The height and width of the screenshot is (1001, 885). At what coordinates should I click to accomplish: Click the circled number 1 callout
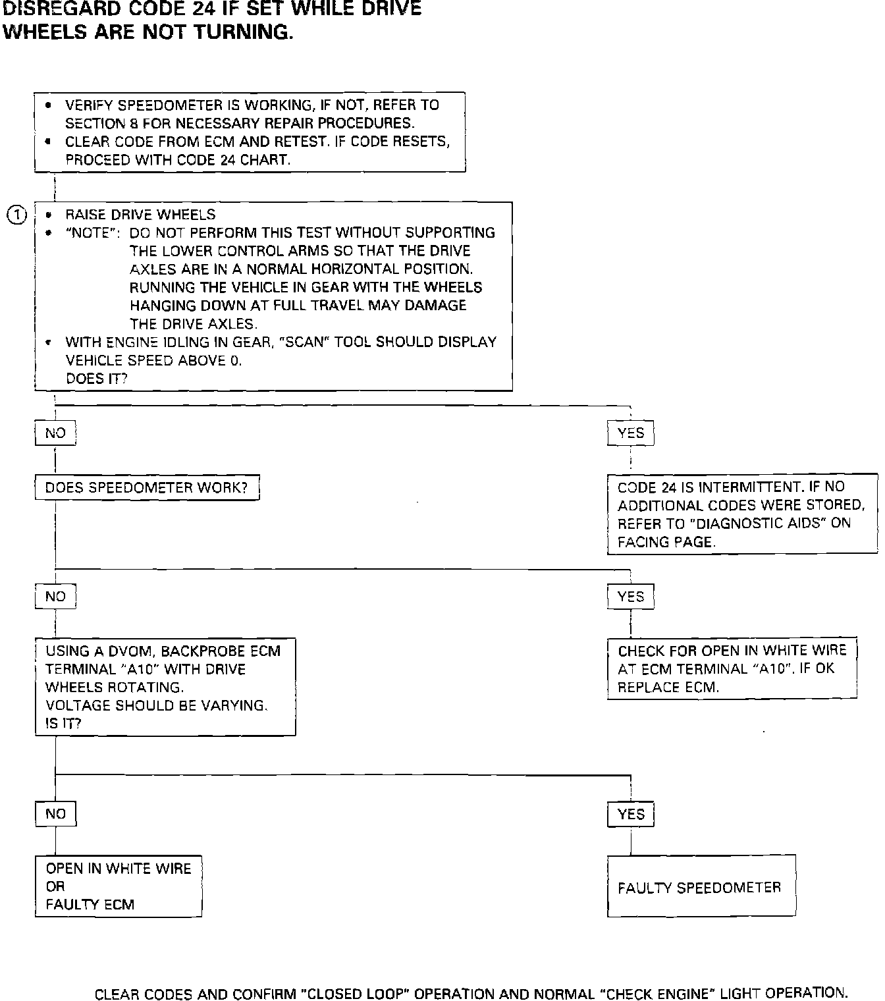16,215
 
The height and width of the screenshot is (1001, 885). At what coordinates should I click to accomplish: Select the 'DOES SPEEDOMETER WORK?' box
146,488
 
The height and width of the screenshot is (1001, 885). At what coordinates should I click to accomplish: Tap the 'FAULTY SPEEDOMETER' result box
701,886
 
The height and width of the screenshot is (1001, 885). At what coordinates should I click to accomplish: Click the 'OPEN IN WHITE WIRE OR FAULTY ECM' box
119,886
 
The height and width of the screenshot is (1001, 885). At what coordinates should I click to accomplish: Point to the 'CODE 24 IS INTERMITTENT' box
741,514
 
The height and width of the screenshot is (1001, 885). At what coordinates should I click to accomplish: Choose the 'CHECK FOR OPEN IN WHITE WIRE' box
732,669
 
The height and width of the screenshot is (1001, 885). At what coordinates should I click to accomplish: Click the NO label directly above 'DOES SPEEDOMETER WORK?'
55,433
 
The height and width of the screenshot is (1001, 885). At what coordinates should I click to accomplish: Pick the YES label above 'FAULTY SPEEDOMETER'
631,815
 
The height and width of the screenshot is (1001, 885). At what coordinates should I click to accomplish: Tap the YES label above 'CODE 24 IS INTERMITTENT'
631,433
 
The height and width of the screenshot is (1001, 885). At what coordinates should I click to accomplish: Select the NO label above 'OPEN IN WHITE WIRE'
55,815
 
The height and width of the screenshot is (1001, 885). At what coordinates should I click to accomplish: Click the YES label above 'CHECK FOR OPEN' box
631,597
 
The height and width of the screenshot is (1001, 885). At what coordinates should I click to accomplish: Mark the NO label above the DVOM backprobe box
55,597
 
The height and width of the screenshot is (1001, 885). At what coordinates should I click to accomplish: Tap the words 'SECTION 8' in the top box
95,123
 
